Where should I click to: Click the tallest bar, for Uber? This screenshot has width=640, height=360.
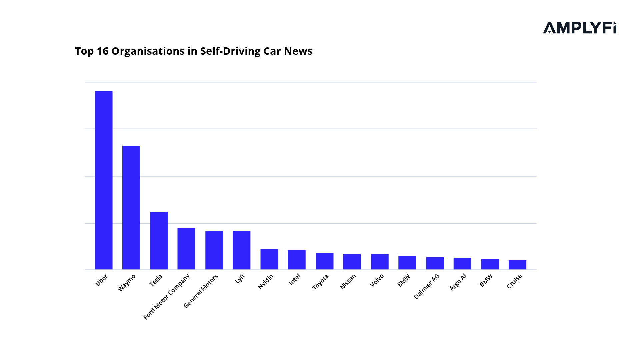click(104, 180)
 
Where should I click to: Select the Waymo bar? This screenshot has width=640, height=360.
click(131, 207)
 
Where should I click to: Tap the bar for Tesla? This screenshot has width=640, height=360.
click(159, 240)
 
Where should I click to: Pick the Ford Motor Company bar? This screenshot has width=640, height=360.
click(186, 249)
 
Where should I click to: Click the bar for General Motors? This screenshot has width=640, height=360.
click(214, 250)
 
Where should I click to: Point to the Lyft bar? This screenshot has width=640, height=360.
click(241, 250)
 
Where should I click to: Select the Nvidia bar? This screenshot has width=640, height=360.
click(269, 259)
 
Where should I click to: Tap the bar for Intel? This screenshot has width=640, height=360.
click(297, 260)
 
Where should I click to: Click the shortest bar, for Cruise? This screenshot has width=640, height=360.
click(517, 265)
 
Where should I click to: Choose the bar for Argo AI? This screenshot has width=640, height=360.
click(462, 263)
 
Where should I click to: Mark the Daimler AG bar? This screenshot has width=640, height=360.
click(435, 263)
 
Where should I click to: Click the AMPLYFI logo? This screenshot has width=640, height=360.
click(579, 28)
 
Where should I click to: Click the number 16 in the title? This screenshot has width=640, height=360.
click(102, 51)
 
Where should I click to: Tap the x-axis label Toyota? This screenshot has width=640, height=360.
click(321, 282)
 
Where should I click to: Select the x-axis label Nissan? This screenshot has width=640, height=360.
click(348, 282)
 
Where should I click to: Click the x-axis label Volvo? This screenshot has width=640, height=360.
click(377, 280)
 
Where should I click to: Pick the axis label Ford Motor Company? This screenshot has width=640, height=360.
click(167, 296)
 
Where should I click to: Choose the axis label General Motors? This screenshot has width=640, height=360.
click(201, 291)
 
